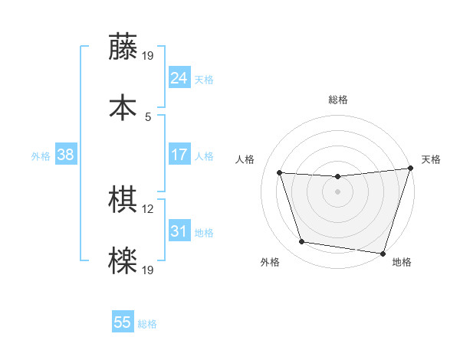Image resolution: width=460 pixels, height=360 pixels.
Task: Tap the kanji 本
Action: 123,106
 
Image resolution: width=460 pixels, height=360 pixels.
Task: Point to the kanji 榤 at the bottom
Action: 123,260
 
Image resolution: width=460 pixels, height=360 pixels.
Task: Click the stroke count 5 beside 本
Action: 148,116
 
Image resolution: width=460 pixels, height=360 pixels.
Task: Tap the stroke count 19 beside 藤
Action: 148,55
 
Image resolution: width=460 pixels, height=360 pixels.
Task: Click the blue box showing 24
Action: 179,77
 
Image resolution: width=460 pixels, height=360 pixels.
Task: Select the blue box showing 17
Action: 179,155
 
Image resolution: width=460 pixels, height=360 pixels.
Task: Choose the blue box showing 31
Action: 179,231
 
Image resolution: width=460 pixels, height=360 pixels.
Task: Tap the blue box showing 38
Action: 66,155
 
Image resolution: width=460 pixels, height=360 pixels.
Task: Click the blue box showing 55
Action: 123,322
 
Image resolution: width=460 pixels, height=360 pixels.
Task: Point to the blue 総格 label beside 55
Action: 147,324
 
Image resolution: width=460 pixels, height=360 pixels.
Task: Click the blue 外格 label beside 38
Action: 41,156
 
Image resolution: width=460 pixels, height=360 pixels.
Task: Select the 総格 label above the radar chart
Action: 337,100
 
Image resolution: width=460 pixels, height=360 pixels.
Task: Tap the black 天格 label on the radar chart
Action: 431,159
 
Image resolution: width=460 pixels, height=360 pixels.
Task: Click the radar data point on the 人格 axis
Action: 279,173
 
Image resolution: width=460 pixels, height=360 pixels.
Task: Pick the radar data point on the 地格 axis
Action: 383,253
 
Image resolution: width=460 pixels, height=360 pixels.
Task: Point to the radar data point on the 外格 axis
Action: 301,242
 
